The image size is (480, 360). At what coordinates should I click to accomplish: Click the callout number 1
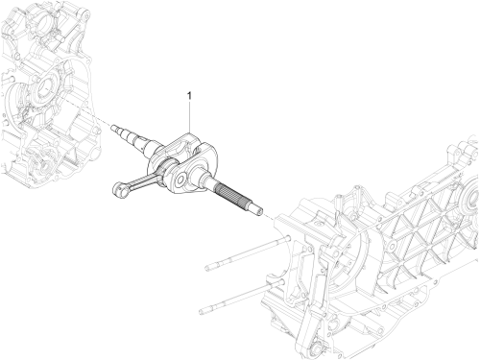(189, 96)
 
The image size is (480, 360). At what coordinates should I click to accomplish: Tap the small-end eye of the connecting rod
(119, 189)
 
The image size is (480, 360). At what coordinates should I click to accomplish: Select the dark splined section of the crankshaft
(231, 195)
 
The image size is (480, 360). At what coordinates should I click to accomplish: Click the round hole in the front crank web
(180, 180)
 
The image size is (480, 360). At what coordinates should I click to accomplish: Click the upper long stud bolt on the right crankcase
(247, 252)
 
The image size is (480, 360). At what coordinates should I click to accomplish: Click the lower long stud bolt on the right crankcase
(241, 297)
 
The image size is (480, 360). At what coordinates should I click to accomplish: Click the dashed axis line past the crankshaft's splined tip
(269, 217)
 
